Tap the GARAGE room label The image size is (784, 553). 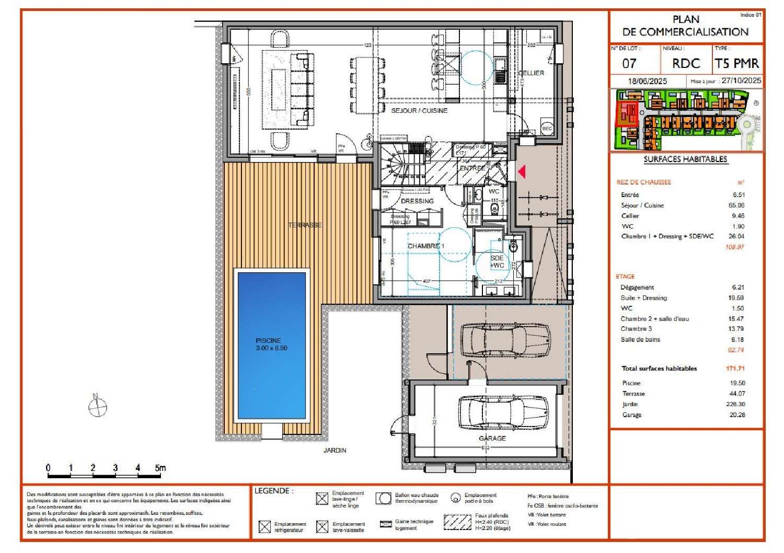(x=492, y=438)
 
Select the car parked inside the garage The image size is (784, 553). (x=503, y=412)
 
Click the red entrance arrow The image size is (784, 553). (x=521, y=171)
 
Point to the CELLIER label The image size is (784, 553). (x=531, y=73)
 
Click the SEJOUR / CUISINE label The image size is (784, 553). (x=419, y=111)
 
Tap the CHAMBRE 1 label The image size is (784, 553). (x=425, y=246)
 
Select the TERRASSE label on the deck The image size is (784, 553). (x=305, y=225)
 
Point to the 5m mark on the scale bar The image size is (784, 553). (x=160, y=468)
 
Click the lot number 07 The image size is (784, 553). (x=629, y=64)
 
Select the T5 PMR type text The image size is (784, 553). (x=736, y=64)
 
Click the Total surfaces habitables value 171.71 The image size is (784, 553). (x=735, y=368)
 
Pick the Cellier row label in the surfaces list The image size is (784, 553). (x=630, y=216)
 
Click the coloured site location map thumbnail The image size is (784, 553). (x=686, y=120)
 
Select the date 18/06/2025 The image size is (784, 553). (x=647, y=82)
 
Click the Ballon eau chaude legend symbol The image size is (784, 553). (x=384, y=498)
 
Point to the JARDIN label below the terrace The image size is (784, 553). (x=335, y=450)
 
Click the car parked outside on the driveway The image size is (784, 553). (x=504, y=339)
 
